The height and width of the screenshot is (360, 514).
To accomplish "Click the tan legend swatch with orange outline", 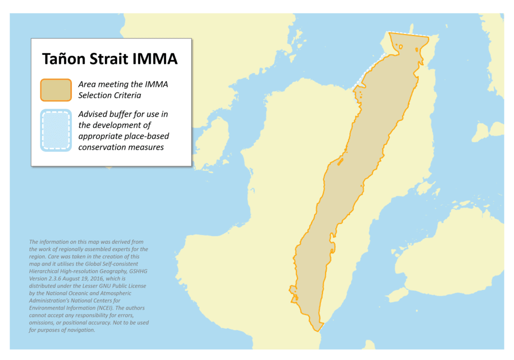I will pos(55,90).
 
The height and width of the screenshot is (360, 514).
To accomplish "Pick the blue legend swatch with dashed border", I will pos(55,130).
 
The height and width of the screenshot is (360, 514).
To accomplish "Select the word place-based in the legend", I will pos(148,136).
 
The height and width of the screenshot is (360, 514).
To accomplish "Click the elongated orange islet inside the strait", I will pos(340,162).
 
